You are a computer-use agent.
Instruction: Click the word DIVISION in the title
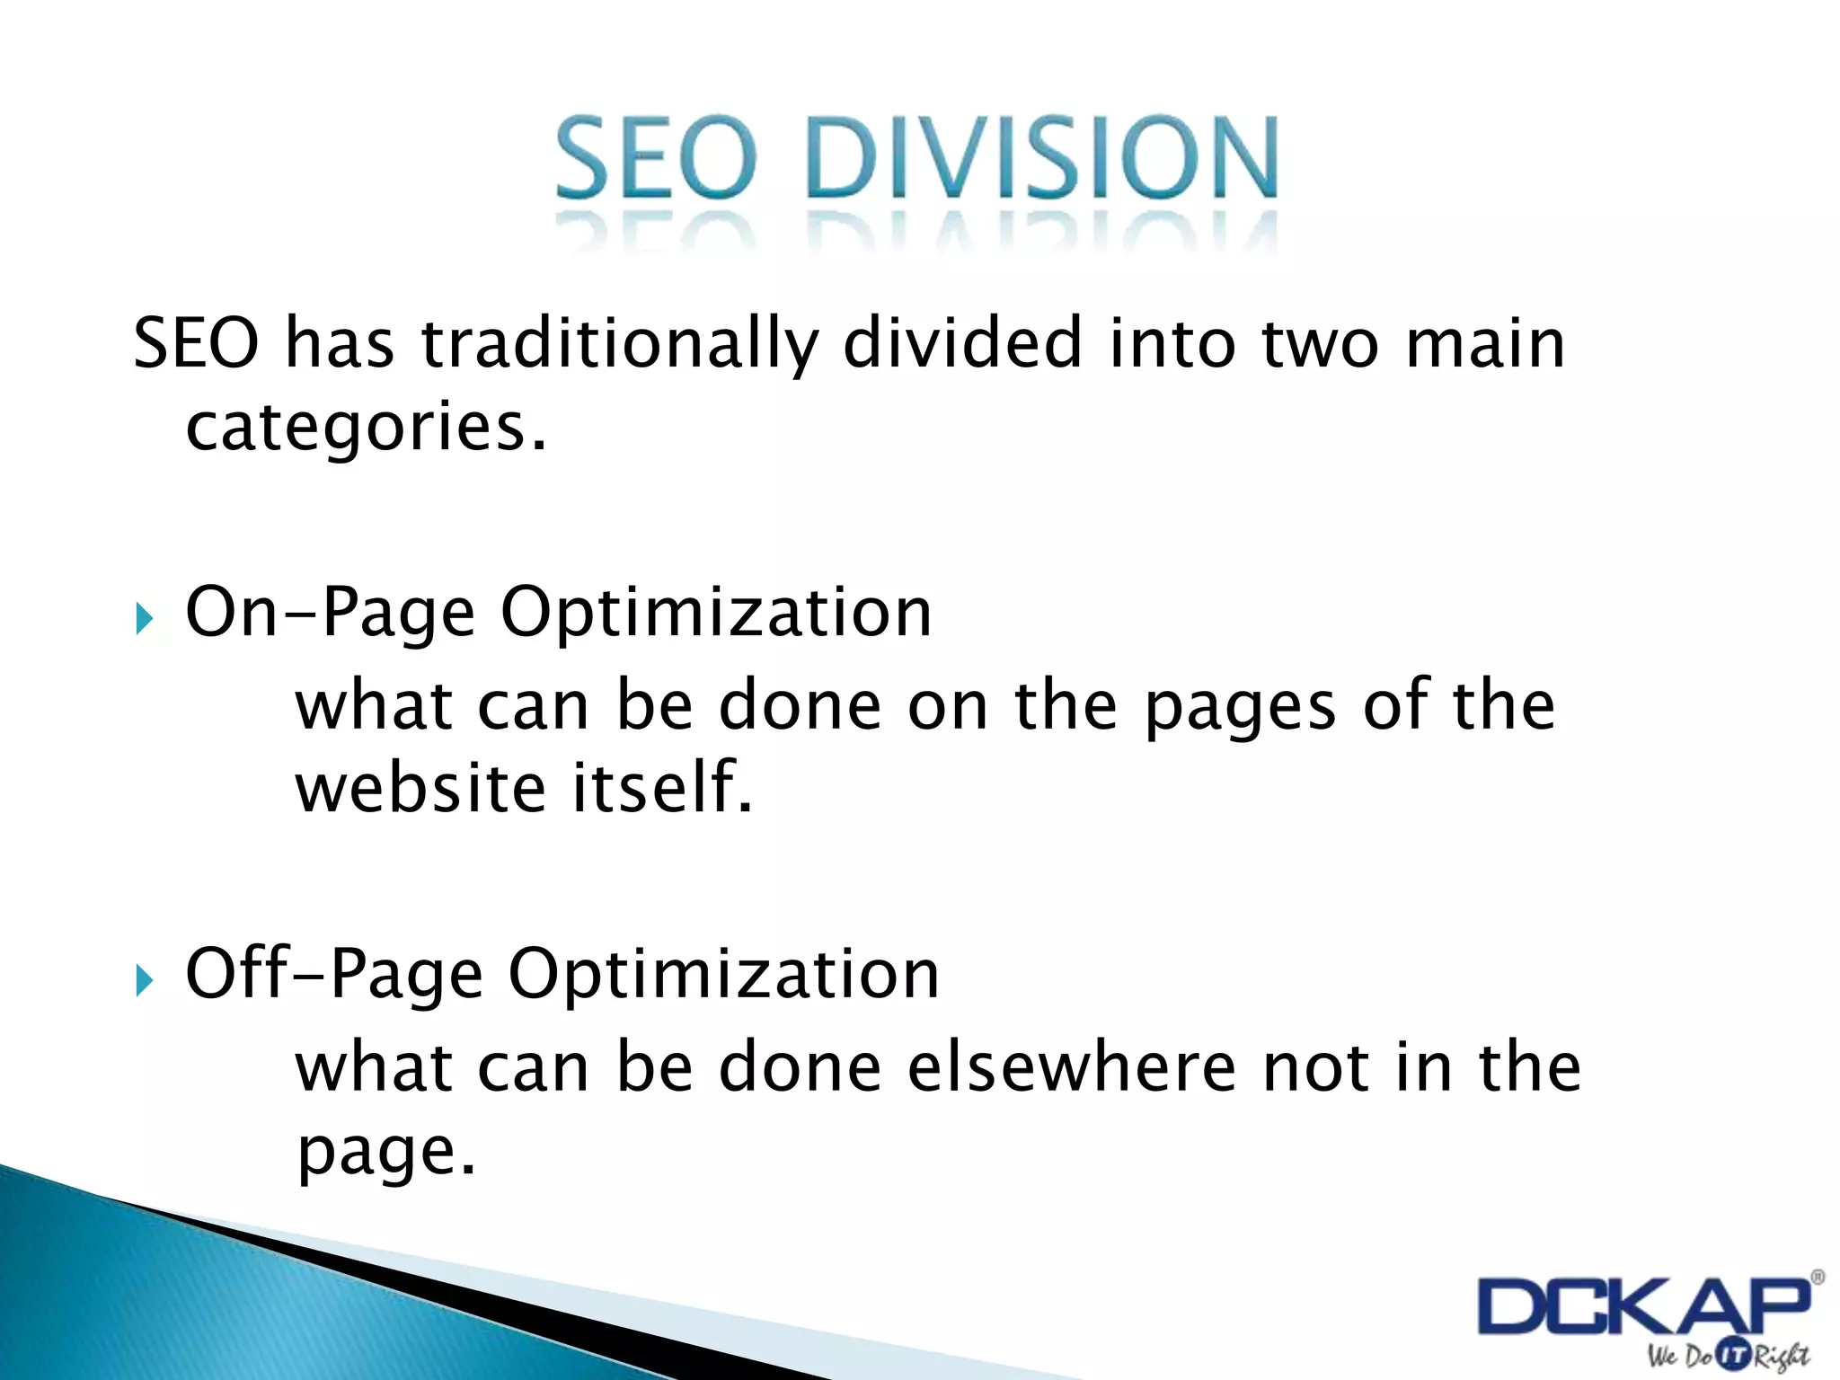pyautogui.click(x=1042, y=159)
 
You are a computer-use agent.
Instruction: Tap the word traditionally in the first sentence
pyautogui.click(x=620, y=344)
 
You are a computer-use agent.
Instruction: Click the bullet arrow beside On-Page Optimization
pyautogui.click(x=144, y=618)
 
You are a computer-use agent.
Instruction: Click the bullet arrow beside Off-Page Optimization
pyautogui.click(x=144, y=979)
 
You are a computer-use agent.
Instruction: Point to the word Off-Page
pyautogui.click(x=334, y=975)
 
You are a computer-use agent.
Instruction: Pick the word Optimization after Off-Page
pyautogui.click(x=724, y=975)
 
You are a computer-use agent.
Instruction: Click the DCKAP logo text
pyautogui.click(x=1643, y=1307)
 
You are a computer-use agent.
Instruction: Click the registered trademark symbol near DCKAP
pyautogui.click(x=1817, y=1277)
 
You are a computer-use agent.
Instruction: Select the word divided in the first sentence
pyautogui.click(x=962, y=344)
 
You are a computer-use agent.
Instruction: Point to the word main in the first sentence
pyautogui.click(x=1485, y=344)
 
